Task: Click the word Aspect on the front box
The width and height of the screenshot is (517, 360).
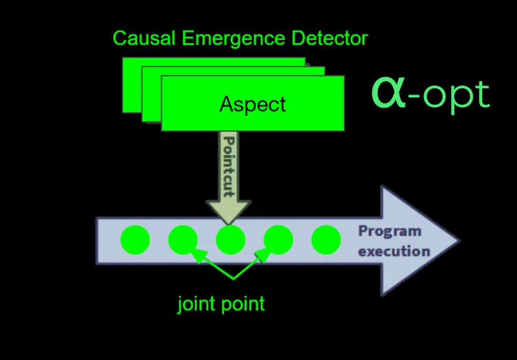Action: tap(253, 104)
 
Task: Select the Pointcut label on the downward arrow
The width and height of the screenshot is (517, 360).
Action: tap(228, 165)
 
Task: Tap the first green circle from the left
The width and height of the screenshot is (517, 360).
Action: tap(135, 240)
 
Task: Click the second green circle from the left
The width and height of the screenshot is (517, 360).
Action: tap(183, 240)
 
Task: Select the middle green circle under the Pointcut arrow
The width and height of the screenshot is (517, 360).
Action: tap(230, 240)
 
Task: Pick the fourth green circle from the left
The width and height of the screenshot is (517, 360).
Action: tap(278, 240)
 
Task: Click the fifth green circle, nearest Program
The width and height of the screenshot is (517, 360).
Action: tap(326, 240)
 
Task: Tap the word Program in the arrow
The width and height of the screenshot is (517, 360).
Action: tap(389, 232)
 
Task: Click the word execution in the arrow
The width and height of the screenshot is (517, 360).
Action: tap(394, 251)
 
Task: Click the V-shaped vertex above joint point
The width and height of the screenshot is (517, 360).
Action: tap(233, 276)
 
